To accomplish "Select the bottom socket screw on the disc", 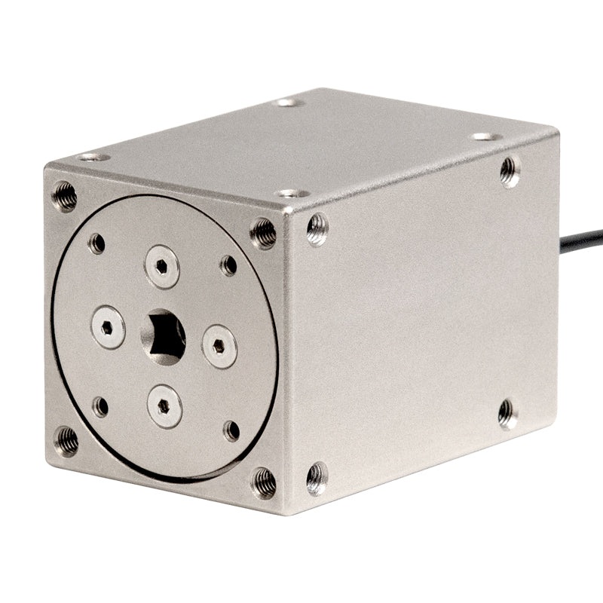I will pyautogui.click(x=164, y=406).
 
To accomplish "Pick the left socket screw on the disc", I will pyautogui.click(x=108, y=327).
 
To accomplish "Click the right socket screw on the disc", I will pyautogui.click(x=219, y=346).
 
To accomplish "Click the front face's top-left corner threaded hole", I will pyautogui.click(x=64, y=196).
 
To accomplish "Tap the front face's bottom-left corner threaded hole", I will pyautogui.click(x=66, y=441).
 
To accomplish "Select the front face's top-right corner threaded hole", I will pyautogui.click(x=263, y=233).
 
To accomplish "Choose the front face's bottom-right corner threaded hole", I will pyautogui.click(x=264, y=482).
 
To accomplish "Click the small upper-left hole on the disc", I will pyautogui.click(x=96, y=243).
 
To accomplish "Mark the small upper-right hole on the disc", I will pyautogui.click(x=228, y=265).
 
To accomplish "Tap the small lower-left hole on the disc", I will pyautogui.click(x=100, y=407).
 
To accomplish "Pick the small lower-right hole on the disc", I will pyautogui.click(x=231, y=430).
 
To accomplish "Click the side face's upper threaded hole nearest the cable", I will pyautogui.click(x=510, y=171).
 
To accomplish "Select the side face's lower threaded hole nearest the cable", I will pyautogui.click(x=507, y=413).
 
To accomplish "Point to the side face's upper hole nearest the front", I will pyautogui.click(x=317, y=228).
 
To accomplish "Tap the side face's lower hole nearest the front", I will pyautogui.click(x=317, y=478).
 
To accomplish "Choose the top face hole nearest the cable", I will pyautogui.click(x=485, y=136).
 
